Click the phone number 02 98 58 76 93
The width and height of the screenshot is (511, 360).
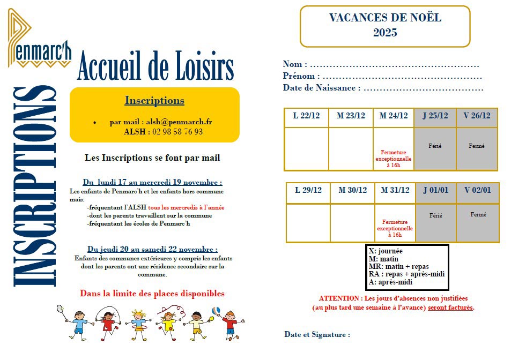click(177, 131)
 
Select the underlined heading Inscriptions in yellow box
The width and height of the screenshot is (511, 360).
click(154, 101)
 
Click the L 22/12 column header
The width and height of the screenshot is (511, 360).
click(306, 116)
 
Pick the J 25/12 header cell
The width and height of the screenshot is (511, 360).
click(435, 116)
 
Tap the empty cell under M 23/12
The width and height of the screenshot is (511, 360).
click(351, 148)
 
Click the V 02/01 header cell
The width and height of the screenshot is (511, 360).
click(478, 190)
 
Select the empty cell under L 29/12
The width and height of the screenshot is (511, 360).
click(308, 222)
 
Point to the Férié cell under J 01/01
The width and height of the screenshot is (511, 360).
click(436, 216)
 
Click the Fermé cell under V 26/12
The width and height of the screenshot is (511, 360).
click(477, 146)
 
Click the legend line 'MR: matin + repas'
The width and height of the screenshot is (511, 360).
click(398, 266)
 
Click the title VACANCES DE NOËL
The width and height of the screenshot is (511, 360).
click(385, 18)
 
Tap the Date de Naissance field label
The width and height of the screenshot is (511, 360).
click(319, 88)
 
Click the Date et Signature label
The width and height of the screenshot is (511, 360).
click(317, 334)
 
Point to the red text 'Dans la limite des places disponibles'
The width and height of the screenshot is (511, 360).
click(152, 294)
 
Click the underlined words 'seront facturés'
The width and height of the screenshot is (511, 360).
click(450, 307)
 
